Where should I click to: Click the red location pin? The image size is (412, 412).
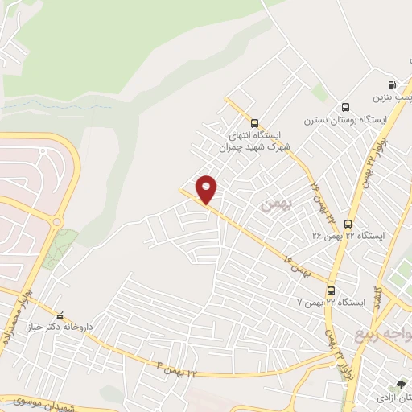click(x=207, y=189)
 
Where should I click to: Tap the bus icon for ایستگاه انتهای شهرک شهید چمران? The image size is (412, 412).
click(x=255, y=123)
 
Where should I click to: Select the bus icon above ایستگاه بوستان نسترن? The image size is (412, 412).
click(x=345, y=107)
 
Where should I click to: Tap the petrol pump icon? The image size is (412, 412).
click(x=392, y=84)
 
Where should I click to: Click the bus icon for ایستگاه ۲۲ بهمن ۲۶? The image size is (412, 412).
click(x=348, y=224)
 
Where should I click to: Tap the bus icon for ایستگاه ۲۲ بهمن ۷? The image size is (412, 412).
click(x=331, y=290)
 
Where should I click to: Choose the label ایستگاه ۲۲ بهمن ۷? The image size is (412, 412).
click(x=332, y=303)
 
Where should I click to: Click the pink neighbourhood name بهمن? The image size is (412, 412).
click(x=272, y=205)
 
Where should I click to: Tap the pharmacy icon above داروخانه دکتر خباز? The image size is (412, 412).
click(x=57, y=315)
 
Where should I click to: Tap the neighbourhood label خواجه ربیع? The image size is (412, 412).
click(x=385, y=332)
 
